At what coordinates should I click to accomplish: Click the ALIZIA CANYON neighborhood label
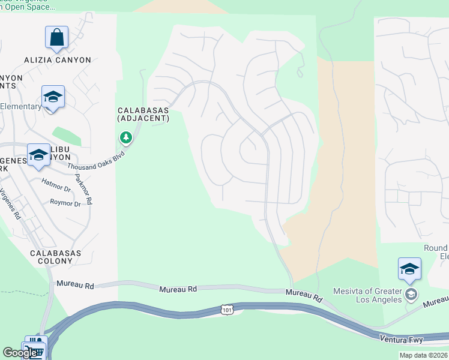[x=58, y=60]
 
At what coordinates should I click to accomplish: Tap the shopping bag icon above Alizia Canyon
[x=56, y=37]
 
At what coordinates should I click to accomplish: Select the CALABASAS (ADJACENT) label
[x=143, y=115]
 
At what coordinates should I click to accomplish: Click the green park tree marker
[x=125, y=139]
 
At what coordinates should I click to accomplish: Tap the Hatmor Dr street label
[x=56, y=188]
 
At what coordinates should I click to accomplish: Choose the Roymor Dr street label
[x=65, y=204]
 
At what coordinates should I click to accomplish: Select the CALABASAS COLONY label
[x=55, y=257]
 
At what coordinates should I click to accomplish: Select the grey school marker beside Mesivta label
[x=411, y=294]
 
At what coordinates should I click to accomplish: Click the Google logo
[x=20, y=353]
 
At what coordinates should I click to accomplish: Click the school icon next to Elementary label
[x=53, y=97]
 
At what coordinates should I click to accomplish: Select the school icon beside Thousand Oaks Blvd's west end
[x=38, y=155]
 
